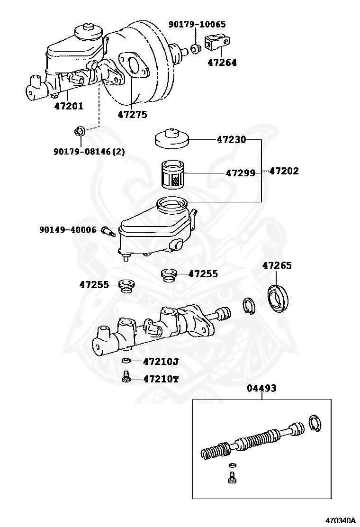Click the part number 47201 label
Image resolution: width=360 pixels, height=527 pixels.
click(68, 106)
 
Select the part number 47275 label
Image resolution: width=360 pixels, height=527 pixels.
click(132, 114)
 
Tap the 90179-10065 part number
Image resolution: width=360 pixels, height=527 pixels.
click(198, 24)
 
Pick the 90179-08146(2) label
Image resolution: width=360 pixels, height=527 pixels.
click(89, 152)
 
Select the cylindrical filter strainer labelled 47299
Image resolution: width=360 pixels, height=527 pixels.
click(172, 174)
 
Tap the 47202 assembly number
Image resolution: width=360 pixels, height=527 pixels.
click(284, 171)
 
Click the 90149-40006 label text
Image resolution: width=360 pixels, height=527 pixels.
click(68, 230)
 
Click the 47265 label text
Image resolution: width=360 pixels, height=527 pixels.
click(277, 265)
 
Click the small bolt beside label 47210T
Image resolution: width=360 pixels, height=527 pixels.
click(126, 378)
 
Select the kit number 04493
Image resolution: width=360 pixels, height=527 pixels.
click(261, 388)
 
